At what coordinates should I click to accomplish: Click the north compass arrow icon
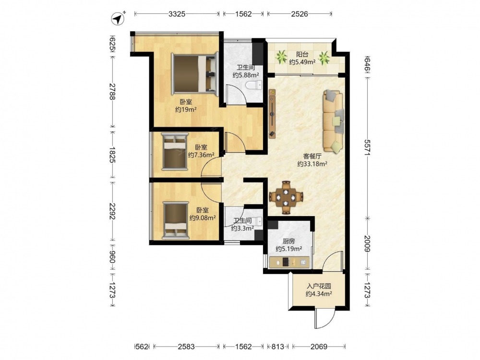tap(118, 19)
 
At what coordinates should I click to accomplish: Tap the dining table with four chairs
tap(286, 197)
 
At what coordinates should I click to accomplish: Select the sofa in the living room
tap(333, 121)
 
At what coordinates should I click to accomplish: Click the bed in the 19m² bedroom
tap(195, 72)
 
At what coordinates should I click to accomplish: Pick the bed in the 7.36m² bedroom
tap(175, 151)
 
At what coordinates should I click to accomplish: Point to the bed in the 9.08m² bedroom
tap(175, 220)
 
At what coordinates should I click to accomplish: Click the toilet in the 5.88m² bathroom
tap(254, 85)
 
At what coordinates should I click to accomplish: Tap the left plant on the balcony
tap(281, 57)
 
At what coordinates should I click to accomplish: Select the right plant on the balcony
tap(324, 58)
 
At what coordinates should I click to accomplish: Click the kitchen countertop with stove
tap(289, 263)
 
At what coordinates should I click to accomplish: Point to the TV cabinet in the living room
tap(272, 114)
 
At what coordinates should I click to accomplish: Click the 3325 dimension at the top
tap(177, 14)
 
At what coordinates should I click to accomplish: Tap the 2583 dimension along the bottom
tap(186, 347)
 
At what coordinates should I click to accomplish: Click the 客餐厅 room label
tap(312, 156)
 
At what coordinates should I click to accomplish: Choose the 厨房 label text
tap(288, 241)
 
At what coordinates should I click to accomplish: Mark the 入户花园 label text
tap(319, 287)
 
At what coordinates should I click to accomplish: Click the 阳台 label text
tap(302, 55)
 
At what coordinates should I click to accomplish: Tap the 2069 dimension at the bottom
tap(319, 347)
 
